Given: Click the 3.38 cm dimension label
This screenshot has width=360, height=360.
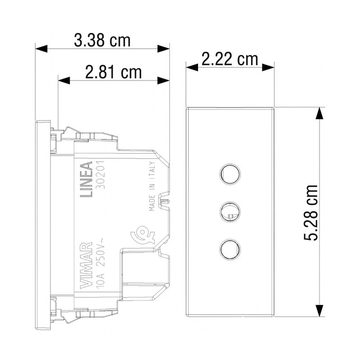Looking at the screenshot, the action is pos(102,40).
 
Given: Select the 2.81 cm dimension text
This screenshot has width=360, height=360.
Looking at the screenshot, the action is pos(113,72).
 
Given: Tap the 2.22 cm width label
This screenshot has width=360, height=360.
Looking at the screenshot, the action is pos(230,59).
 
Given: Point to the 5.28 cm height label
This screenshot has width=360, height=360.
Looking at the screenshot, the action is pos(310,212).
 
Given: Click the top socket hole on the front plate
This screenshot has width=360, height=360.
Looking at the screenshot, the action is pos(230,174).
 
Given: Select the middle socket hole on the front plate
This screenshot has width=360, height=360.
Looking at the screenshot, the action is pos(230,211).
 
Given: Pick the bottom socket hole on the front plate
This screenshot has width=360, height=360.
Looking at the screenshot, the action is pos(230,250).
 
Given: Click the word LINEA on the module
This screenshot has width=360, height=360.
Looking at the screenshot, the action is pos(86,179).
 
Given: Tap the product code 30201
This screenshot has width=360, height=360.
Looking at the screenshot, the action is pos(100,175).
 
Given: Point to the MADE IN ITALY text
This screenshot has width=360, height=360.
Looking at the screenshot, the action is pos(152,186).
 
